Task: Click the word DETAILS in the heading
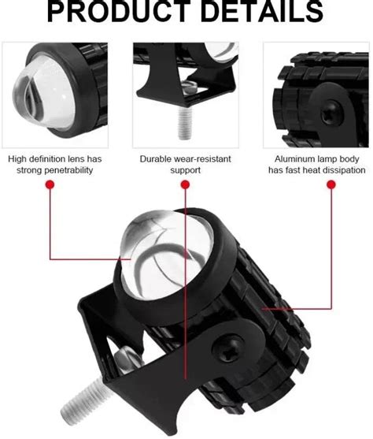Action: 264,12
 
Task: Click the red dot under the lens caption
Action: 50,184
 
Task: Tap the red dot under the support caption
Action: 186,184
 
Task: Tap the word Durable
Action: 155,158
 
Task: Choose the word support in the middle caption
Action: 186,169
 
